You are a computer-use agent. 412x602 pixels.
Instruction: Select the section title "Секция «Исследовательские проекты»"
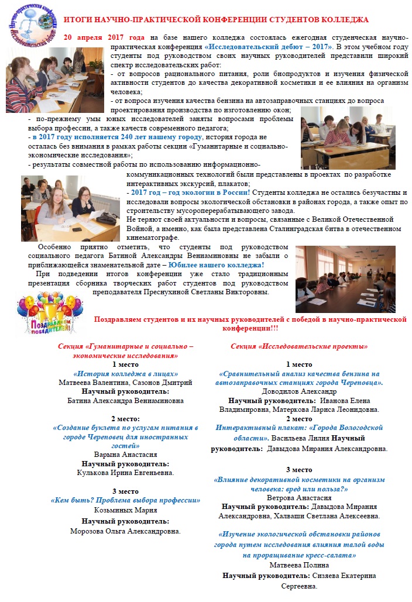tap(299, 346)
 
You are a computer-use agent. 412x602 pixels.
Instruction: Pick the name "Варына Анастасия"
tap(125, 454)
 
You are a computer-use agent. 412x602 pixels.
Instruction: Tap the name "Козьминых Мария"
tap(125, 510)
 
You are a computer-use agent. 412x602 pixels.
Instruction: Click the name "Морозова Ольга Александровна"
tap(125, 531)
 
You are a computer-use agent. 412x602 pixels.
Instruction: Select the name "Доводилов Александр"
tap(299, 391)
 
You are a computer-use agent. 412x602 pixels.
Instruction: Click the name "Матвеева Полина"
tap(299, 565)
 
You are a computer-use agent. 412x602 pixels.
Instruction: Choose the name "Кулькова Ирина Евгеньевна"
tap(125, 472)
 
